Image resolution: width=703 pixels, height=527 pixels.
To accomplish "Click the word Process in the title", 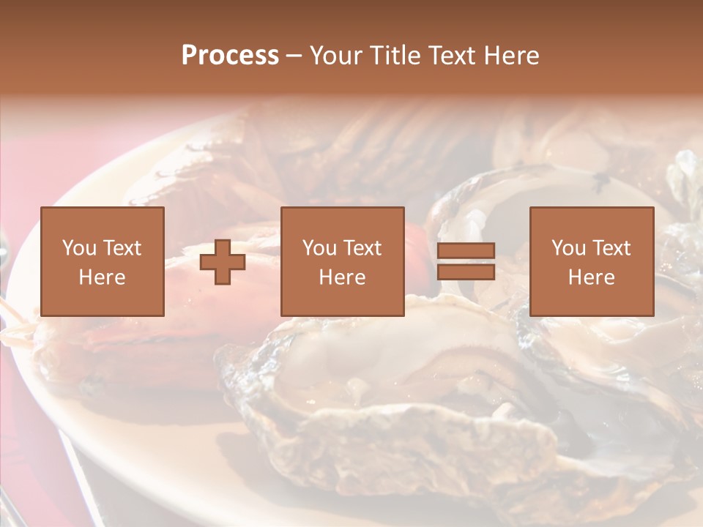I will pyautogui.click(x=230, y=56).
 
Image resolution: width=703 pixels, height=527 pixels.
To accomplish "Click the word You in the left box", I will pyautogui.click(x=78, y=248).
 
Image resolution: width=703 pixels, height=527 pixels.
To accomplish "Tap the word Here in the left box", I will pyautogui.click(x=102, y=277).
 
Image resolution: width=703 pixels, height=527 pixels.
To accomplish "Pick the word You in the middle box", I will pyautogui.click(x=319, y=248).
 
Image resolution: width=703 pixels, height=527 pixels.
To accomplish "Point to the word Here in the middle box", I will pyautogui.click(x=342, y=277).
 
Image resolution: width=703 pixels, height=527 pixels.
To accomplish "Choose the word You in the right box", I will pyautogui.click(x=568, y=248).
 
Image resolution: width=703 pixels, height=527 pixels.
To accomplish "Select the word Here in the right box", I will pyautogui.click(x=591, y=277).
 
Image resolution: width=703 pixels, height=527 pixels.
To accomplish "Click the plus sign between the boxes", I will pyautogui.click(x=223, y=262).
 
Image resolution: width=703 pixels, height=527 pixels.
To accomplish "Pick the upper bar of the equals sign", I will pyautogui.click(x=466, y=250).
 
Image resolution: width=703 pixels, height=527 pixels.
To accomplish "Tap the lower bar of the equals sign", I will pyautogui.click(x=466, y=272).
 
